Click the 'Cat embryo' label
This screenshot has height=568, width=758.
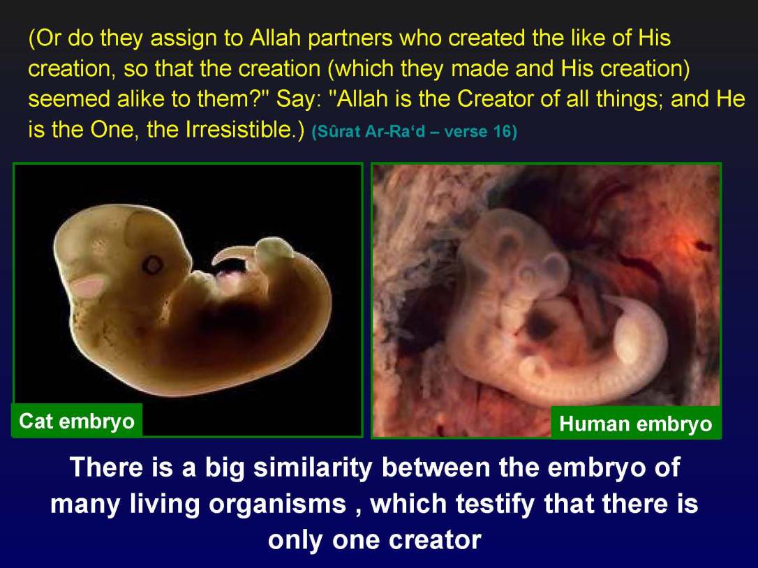pos(77,421)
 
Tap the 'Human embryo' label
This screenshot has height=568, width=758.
pos(635,424)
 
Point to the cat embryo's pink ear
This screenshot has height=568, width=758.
pos(89,285)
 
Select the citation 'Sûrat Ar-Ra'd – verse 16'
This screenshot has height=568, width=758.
pos(415,132)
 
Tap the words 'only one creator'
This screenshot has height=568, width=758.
pos(374,539)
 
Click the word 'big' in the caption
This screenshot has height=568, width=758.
pos(224,467)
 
